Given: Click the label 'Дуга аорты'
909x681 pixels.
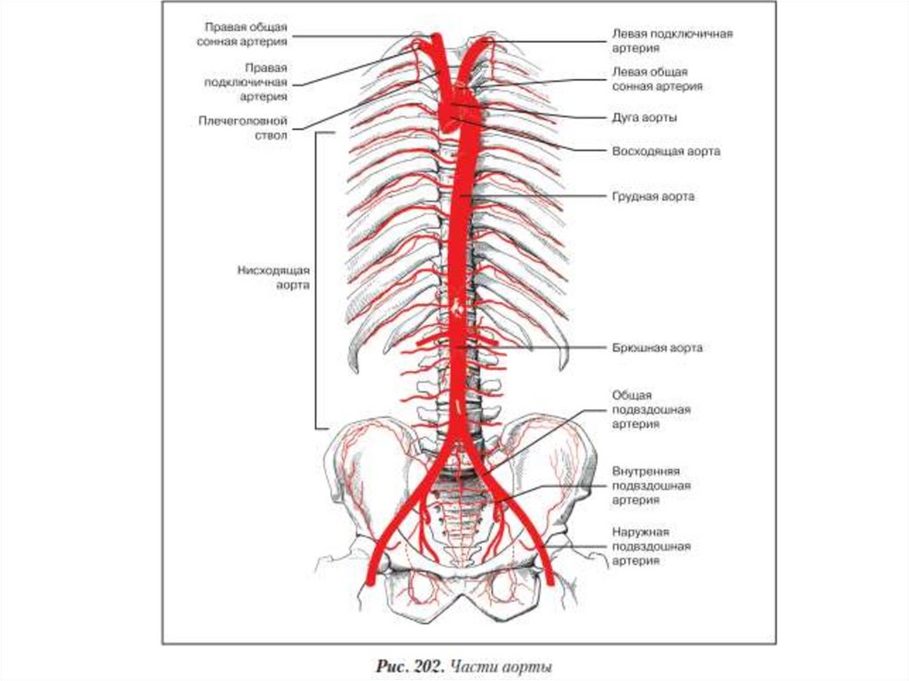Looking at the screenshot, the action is pos(645,116).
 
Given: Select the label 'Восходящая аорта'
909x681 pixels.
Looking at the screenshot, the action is pos(665,151).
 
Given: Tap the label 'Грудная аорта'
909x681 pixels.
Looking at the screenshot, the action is pos(652,196).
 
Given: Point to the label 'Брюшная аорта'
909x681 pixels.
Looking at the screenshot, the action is pos(656,348).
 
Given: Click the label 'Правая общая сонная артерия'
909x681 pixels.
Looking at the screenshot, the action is pos(245,34).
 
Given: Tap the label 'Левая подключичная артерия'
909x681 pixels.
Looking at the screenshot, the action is pos(671,41).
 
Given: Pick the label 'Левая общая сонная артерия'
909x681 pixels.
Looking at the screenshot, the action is pos(657,79).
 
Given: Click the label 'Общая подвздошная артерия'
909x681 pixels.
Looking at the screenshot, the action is pos(651,409).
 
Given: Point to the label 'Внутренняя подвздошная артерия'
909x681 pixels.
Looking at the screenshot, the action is pos(651,485).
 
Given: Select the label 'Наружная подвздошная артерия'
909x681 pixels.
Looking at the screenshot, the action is pos(651,546).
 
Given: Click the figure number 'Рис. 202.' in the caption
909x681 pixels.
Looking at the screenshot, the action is pos(408,666).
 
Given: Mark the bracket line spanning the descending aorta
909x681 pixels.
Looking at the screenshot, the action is pos(317,278).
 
